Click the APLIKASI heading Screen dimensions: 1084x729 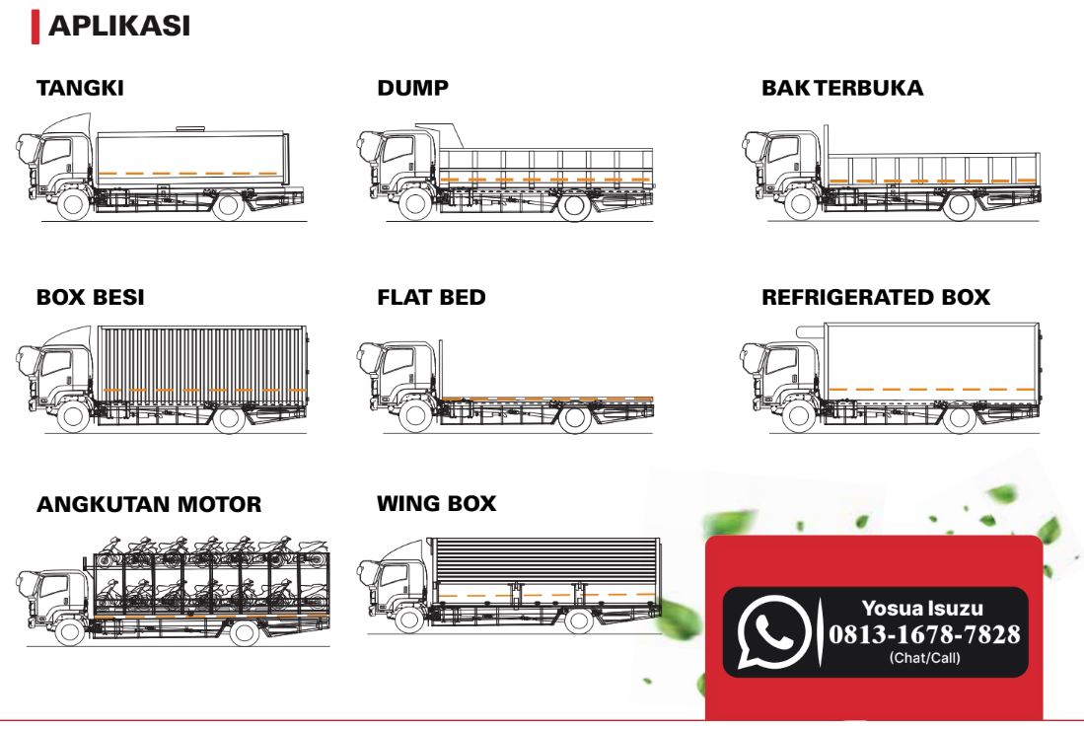pyautogui.click(x=119, y=27)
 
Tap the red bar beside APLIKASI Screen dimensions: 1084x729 pyautogui.click(x=36, y=27)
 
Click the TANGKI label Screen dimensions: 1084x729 pyautogui.click(x=80, y=89)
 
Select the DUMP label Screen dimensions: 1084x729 pyautogui.click(x=412, y=89)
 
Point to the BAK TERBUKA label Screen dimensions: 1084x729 pyautogui.click(x=842, y=89)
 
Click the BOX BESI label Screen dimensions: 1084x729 pyautogui.click(x=91, y=297)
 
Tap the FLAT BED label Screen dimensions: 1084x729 pyautogui.click(x=431, y=297)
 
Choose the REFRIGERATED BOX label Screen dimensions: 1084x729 pyautogui.click(x=876, y=297)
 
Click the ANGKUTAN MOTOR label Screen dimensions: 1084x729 pyautogui.click(x=149, y=504)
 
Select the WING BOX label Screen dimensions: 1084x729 pyautogui.click(x=437, y=503)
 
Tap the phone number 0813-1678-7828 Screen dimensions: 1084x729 pyautogui.click(x=924, y=634)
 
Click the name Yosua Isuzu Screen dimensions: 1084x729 pyautogui.click(x=922, y=608)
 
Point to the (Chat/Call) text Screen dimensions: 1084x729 pyautogui.click(x=925, y=658)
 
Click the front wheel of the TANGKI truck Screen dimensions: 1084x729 pyautogui.click(x=73, y=205)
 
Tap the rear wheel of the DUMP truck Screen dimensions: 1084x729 pyautogui.click(x=574, y=205)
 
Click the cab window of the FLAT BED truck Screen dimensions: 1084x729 pyautogui.click(x=397, y=361)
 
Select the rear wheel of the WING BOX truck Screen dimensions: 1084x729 pyautogui.click(x=579, y=620)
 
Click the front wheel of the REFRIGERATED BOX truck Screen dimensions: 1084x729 pyautogui.click(x=799, y=417)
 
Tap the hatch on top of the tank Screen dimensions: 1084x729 pyautogui.click(x=190, y=128)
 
